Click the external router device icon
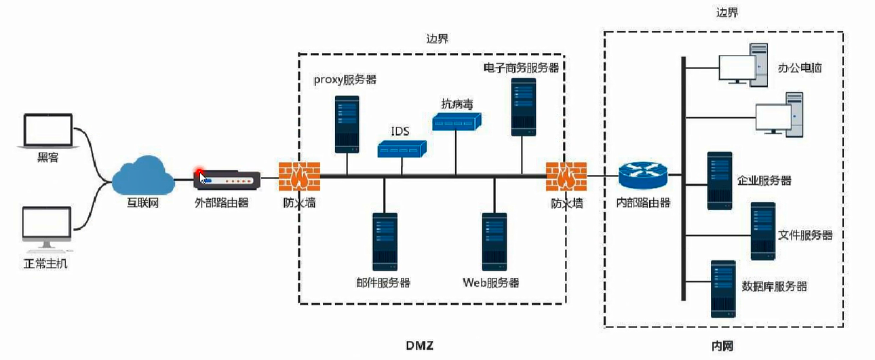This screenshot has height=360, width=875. [x=227, y=180]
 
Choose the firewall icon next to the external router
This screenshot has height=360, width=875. [x=298, y=177]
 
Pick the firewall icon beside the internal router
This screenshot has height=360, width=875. [x=566, y=177]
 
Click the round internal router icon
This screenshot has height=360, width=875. [x=643, y=176]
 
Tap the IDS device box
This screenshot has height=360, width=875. [x=402, y=149]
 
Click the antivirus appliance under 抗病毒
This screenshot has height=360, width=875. [x=456, y=121]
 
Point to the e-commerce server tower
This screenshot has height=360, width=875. [x=523, y=107]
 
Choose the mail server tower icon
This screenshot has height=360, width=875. [x=384, y=242]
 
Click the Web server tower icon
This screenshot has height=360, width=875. [x=494, y=242]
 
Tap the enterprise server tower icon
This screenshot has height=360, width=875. [x=720, y=180]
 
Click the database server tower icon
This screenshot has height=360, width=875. [x=723, y=289]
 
